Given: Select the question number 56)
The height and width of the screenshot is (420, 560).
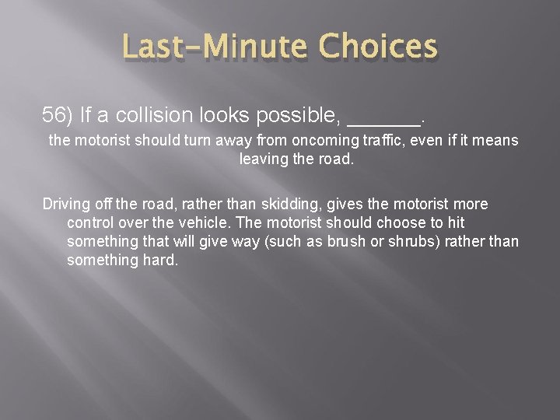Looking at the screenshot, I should pyautogui.click(x=58, y=116).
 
